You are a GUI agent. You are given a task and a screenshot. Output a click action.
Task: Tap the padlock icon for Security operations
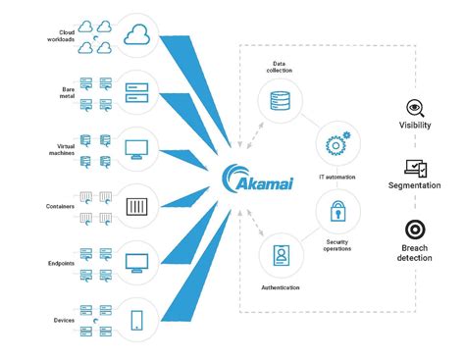tap(334, 211)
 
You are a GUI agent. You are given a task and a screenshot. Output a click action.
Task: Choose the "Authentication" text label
tap(281, 288)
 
